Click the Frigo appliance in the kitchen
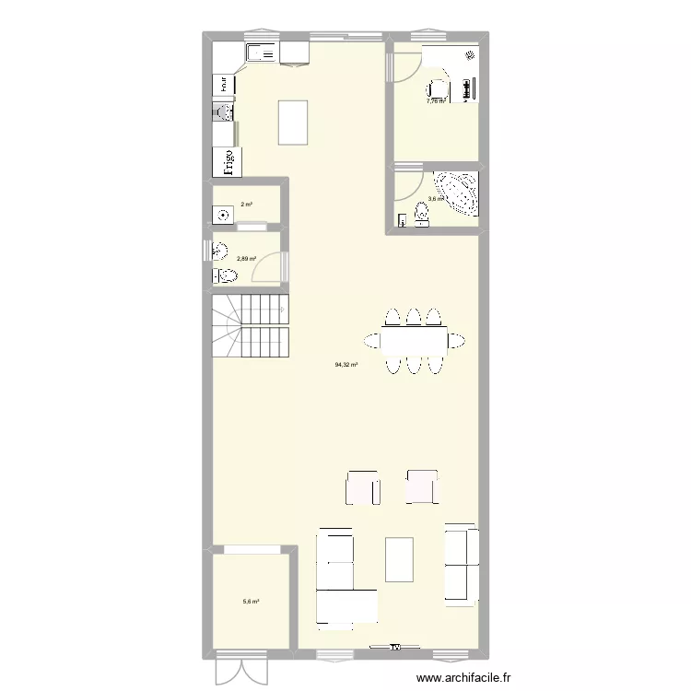224,161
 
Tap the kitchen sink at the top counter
261,54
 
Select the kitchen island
294,123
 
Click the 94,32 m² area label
346,365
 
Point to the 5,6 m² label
251,602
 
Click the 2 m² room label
247,205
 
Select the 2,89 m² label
247,259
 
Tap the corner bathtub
457,192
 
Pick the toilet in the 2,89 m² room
225,275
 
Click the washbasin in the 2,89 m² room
219,250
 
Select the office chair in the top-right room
436,90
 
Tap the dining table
414,341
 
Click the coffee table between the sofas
399,559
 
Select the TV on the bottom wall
396,648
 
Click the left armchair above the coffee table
362,487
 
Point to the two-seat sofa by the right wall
461,562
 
